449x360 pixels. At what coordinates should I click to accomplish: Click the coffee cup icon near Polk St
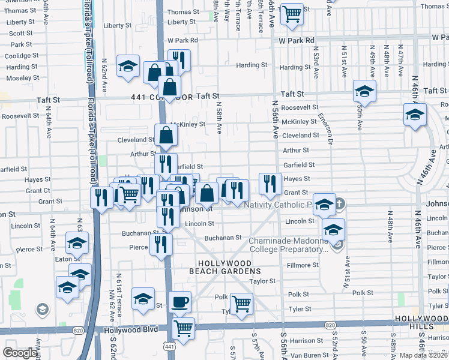[179, 302]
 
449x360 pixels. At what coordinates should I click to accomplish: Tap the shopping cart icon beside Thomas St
[292, 13]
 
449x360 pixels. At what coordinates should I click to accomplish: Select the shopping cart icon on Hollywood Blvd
[183, 328]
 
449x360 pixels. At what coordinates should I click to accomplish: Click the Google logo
[20, 353]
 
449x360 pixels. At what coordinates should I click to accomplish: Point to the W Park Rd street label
[296, 40]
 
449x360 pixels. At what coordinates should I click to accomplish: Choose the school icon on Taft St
[364, 92]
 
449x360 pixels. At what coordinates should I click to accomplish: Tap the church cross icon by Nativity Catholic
[340, 204]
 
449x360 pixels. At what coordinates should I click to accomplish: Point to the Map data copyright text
[424, 355]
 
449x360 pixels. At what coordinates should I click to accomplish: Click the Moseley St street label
[23, 78]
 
